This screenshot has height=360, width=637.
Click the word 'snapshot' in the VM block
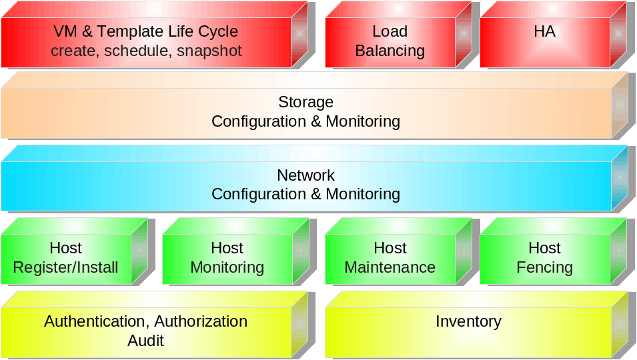coord(209,51)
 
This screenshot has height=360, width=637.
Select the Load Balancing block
coord(390,41)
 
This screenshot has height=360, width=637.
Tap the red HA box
coord(544,41)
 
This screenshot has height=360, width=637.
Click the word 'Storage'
coord(305,102)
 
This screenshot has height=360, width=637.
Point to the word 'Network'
coord(305,175)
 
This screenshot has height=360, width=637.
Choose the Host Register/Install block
coord(65,258)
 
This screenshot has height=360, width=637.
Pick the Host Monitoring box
coord(227,258)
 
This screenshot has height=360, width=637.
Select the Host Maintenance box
coord(390,258)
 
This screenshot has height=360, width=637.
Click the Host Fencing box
coord(544,258)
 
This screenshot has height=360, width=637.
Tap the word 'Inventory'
coord(468,321)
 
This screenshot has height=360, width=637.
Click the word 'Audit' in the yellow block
coord(145,341)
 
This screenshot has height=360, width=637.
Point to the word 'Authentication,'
coord(97,321)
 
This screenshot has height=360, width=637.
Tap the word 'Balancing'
coord(390,51)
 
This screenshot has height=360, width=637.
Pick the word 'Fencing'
coord(544,267)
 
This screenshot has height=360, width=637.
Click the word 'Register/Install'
coord(65,267)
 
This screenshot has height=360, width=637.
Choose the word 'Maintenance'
coord(390,267)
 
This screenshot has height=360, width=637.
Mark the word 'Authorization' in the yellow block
coord(201,321)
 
